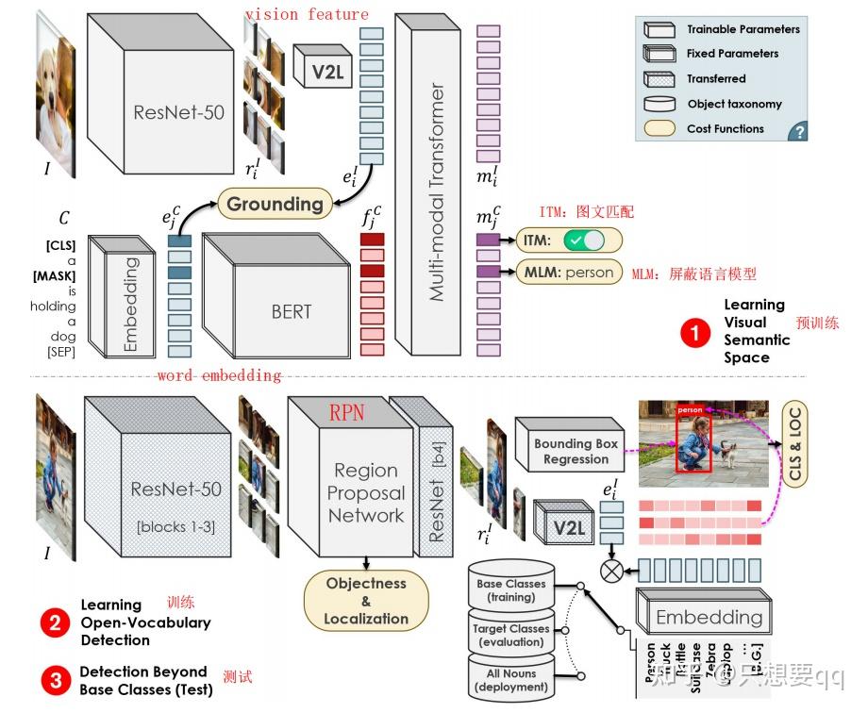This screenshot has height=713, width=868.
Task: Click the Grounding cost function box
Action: pyautogui.click(x=275, y=203)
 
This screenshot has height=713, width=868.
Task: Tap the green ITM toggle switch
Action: pyautogui.click(x=583, y=240)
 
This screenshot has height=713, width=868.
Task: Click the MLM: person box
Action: pyautogui.click(x=569, y=273)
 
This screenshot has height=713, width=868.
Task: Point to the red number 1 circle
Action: pyautogui.click(x=694, y=332)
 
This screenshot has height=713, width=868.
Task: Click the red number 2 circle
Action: pyautogui.click(x=54, y=622)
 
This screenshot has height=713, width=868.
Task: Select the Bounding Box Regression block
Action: pyautogui.click(x=576, y=451)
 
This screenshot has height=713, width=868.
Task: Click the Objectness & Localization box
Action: pyautogui.click(x=366, y=601)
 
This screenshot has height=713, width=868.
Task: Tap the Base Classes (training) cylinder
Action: pyautogui.click(x=510, y=589)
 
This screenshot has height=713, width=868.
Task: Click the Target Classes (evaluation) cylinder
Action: pyautogui.click(x=510, y=634)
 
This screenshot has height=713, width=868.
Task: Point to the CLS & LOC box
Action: pyautogui.click(x=794, y=443)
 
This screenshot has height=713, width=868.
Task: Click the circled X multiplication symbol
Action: pyautogui.click(x=611, y=569)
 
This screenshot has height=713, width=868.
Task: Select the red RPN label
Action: pyautogui.click(x=346, y=411)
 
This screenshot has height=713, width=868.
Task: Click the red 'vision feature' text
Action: pyautogui.click(x=307, y=13)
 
